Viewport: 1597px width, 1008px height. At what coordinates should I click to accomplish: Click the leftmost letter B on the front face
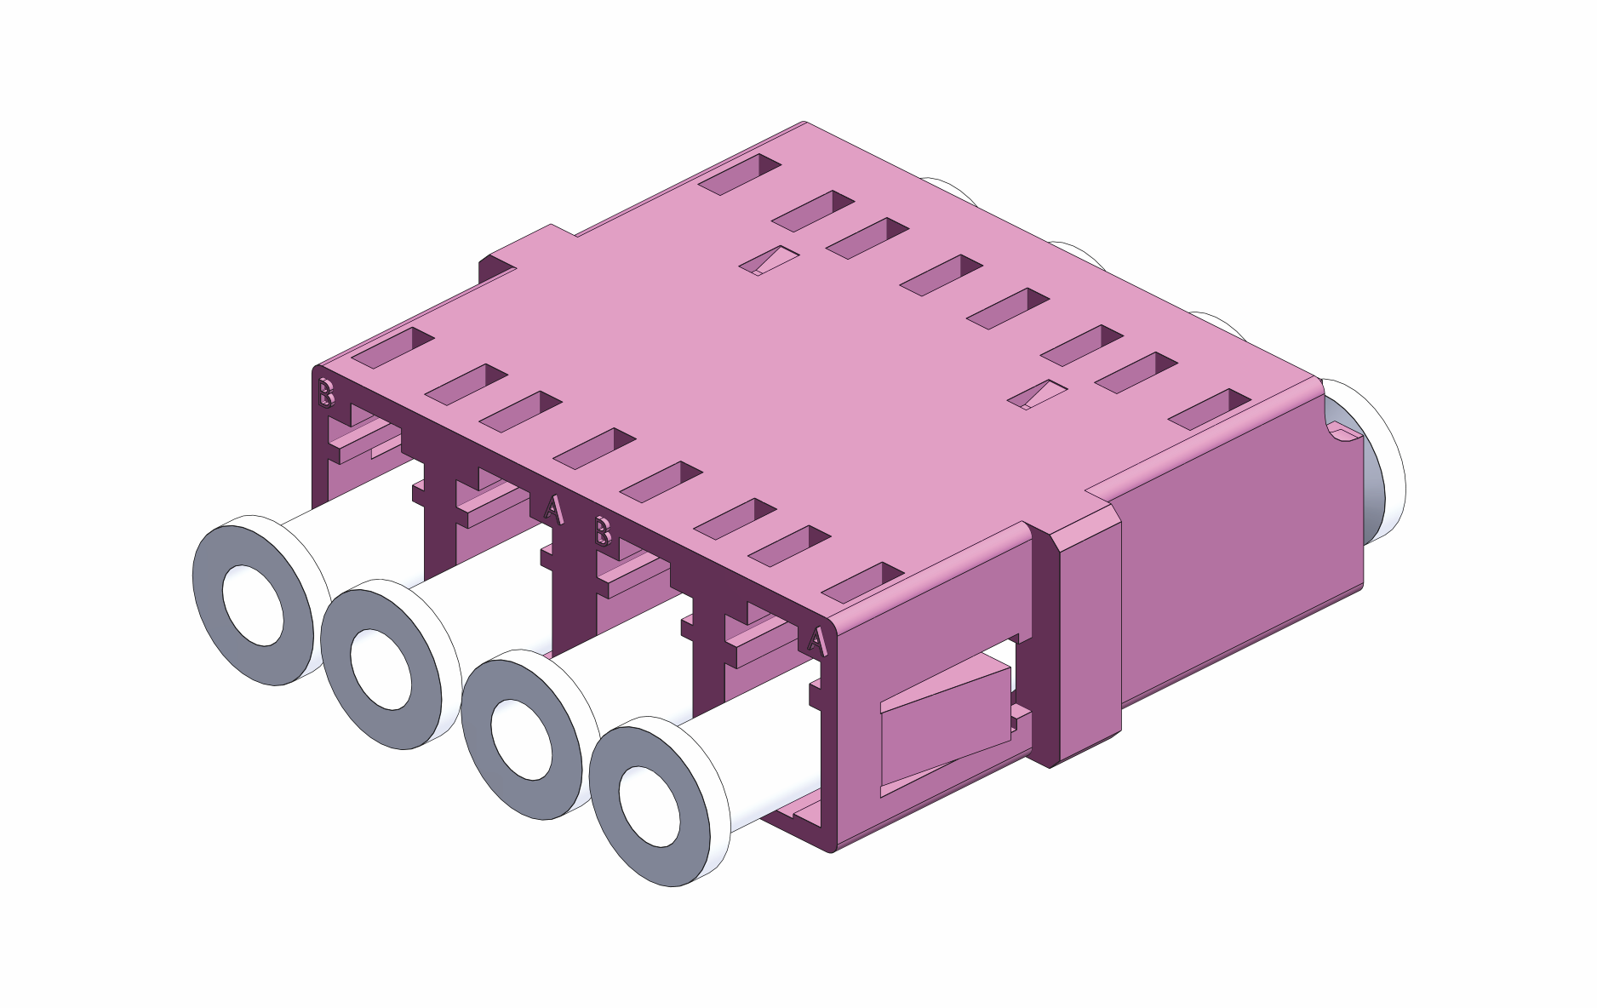click(326, 393)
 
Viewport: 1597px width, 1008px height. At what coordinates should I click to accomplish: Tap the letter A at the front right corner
click(817, 640)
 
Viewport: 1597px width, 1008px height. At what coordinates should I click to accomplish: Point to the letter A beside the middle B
click(553, 509)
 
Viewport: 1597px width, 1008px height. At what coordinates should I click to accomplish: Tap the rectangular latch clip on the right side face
click(945, 724)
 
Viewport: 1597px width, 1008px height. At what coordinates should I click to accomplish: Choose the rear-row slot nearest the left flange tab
click(739, 175)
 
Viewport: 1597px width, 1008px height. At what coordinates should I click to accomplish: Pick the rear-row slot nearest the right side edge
click(1209, 409)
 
